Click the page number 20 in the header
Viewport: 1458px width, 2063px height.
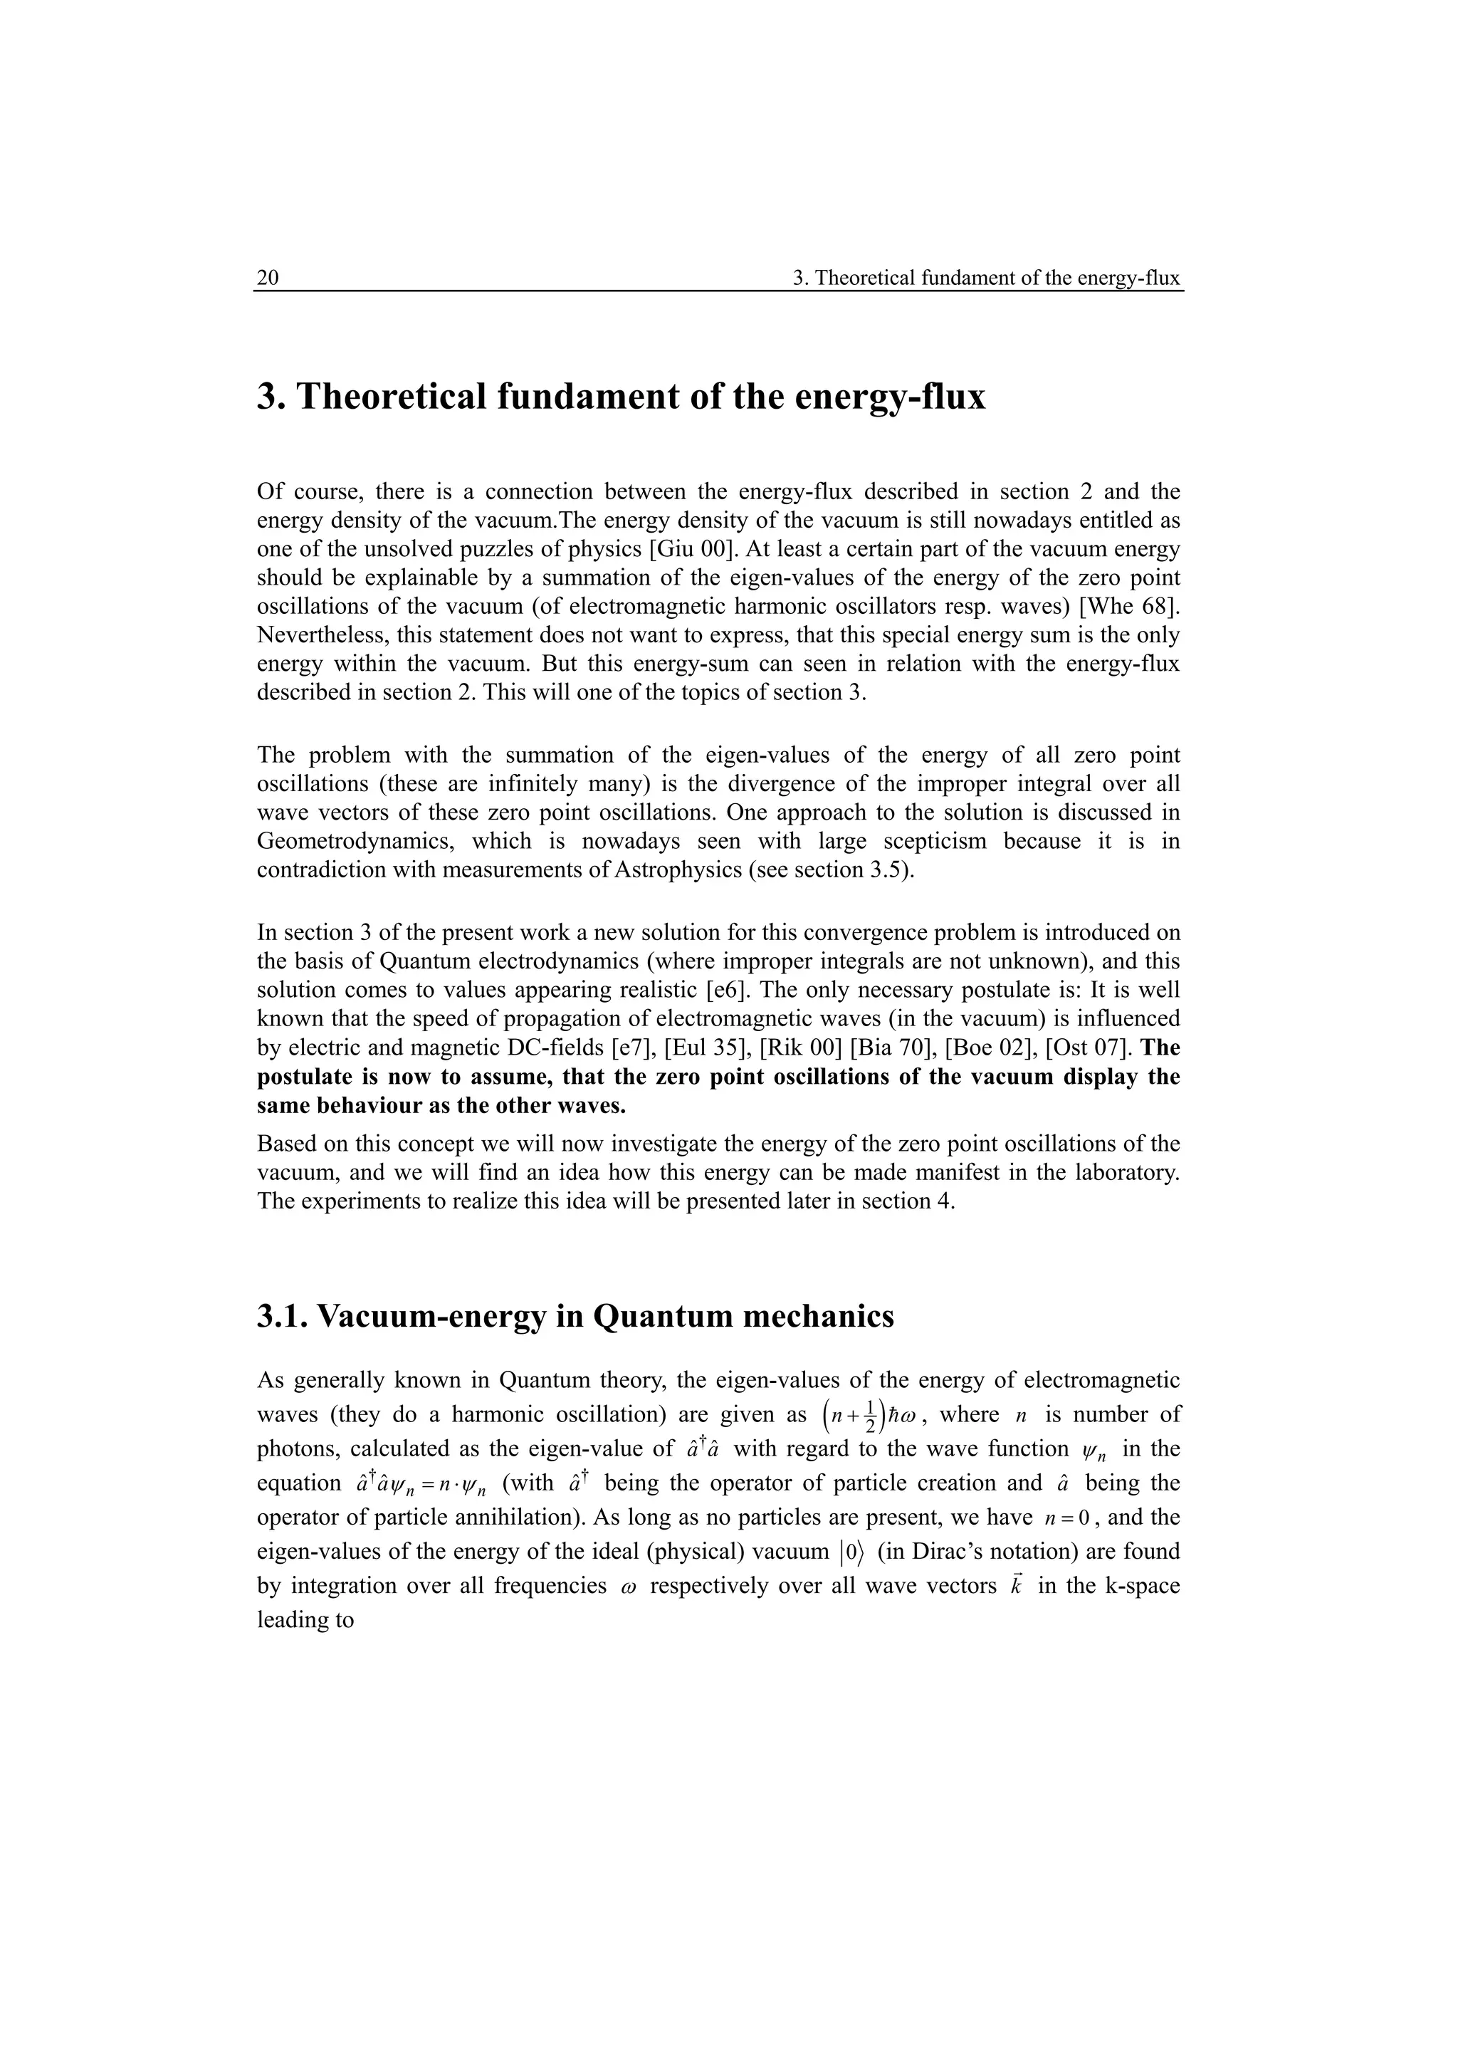click(268, 278)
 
